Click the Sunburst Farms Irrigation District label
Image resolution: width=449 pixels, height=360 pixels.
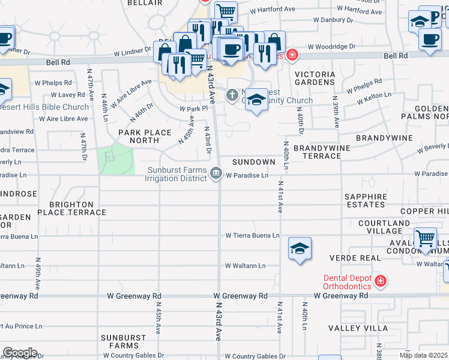(177, 174)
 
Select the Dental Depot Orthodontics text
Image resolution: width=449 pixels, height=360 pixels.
(347, 282)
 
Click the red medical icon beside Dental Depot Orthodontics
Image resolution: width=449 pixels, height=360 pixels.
(379, 281)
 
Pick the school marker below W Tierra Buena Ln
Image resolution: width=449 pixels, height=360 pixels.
(300, 248)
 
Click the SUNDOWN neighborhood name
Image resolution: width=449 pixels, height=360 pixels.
(253, 163)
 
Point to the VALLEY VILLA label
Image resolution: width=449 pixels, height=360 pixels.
(353, 328)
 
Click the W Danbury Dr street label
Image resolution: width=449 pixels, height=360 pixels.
(337, 20)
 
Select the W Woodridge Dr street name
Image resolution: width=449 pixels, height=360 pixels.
(332, 46)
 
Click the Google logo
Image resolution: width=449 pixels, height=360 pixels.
(20, 353)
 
